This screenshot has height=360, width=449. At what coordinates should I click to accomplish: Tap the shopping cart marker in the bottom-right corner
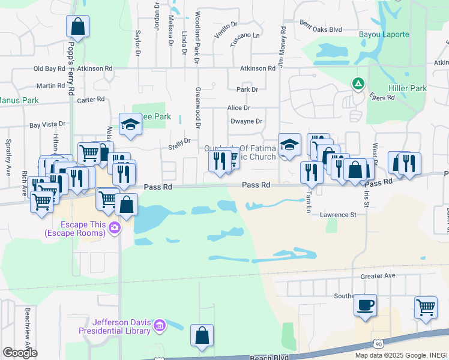point(426,307)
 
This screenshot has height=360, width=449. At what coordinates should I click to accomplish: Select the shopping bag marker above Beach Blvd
point(202,335)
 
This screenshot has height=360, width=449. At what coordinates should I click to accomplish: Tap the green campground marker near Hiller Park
point(358,83)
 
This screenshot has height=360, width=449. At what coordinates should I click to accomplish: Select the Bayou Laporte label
point(384,34)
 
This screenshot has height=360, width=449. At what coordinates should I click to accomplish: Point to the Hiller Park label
point(408,88)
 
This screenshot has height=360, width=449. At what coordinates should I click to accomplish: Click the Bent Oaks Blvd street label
point(320,29)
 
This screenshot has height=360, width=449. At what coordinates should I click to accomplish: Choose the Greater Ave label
point(378,276)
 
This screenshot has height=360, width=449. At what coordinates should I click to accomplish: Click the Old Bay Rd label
point(49,69)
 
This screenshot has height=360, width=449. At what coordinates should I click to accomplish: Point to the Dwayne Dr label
point(246,121)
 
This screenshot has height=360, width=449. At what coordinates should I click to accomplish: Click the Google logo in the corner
point(20,353)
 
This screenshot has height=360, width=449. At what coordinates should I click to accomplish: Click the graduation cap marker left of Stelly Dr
point(130,124)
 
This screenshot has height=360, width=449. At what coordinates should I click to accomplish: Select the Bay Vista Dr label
point(47,124)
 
